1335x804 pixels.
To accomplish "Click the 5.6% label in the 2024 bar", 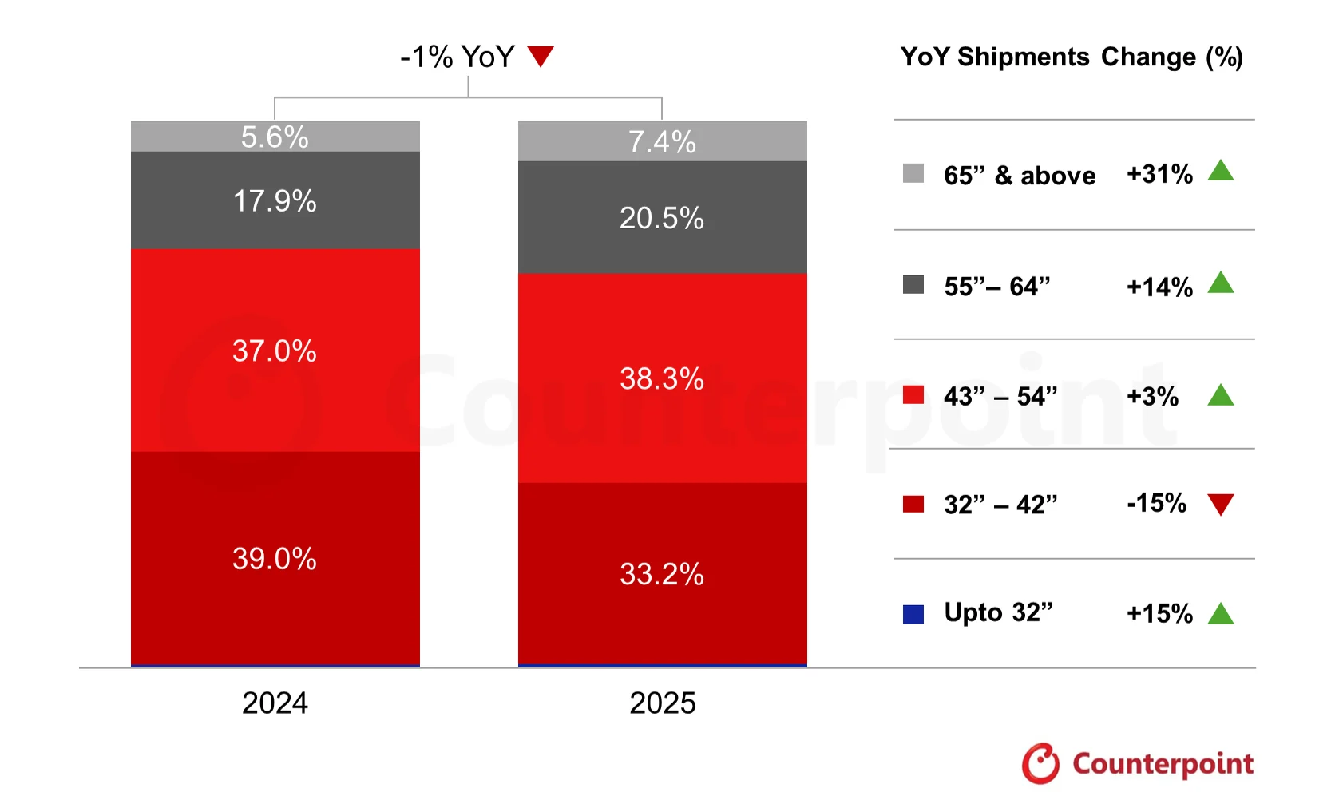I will coord(275,137).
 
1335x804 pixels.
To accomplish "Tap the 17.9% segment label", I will coord(275,201).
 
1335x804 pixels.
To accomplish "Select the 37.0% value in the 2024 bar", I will coord(275,351).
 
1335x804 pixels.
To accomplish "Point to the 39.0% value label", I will coord(275,559).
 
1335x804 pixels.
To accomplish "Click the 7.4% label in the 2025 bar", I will coord(662,142).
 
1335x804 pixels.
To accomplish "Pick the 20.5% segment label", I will coord(662,218).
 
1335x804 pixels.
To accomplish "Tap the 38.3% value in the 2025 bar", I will coord(662,378).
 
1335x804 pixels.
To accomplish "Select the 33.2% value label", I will coord(662,574).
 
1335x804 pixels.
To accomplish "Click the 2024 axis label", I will coord(275,703).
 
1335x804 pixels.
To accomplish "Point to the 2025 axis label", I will coord(663,703).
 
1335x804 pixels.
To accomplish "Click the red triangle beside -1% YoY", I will coord(541,56).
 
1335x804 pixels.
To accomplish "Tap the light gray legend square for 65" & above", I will coord(913,173).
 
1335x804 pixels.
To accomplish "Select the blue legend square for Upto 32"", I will coord(913,614).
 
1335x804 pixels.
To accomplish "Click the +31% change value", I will coord(1159,174).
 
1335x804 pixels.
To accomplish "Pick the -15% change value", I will coord(1156,503).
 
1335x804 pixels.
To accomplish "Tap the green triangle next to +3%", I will coord(1221,395).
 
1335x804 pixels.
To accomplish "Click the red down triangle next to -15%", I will coord(1221,504).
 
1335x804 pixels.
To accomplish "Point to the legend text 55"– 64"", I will coord(996,286).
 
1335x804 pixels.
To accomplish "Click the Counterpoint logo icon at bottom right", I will coord(1041,763).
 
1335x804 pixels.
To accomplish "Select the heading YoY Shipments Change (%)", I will coord(1072,57).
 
